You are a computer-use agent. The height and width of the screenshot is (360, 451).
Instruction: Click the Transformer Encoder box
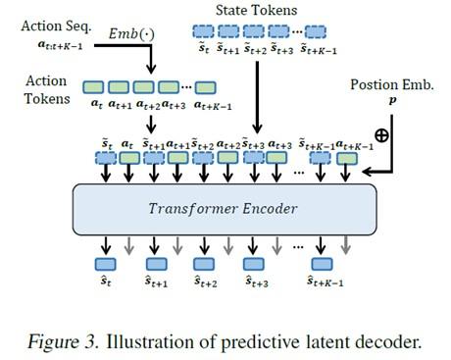point(224,208)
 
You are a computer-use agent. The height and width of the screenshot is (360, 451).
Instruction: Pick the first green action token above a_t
point(96,88)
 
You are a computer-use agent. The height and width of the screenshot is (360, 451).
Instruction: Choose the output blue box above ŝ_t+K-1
point(321,263)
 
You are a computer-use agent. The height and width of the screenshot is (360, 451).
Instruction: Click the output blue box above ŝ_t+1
point(157,263)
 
